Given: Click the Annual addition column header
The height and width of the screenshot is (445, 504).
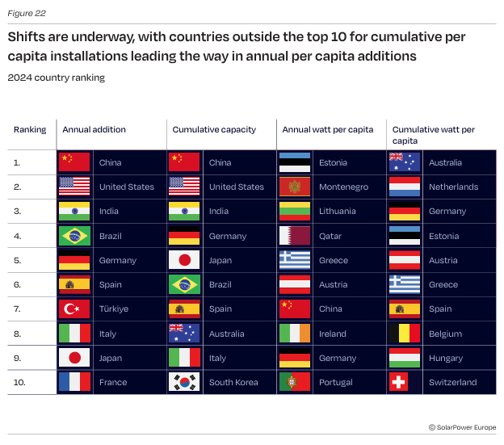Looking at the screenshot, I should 94,129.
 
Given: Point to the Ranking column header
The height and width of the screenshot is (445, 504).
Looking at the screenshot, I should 30,129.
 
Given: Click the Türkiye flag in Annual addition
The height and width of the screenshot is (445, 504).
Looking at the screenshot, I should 74,309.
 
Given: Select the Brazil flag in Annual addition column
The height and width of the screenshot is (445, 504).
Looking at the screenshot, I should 74,236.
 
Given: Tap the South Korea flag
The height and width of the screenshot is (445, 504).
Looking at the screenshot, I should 184,382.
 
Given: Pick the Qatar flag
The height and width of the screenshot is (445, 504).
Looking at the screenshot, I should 294,236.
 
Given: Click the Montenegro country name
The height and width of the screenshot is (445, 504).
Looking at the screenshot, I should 343,187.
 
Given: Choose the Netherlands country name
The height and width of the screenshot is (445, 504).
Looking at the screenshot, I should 453,187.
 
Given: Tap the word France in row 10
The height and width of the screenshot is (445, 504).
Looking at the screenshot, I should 113,382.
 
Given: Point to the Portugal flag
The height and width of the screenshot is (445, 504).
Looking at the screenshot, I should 294,382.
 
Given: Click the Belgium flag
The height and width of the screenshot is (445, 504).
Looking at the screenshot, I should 404,334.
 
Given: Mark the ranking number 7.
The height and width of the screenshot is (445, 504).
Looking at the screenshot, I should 17,309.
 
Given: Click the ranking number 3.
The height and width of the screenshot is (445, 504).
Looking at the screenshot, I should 17,212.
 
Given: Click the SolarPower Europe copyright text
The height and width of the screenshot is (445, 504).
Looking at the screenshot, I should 458,426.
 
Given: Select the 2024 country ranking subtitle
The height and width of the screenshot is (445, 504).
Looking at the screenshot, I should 56,78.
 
